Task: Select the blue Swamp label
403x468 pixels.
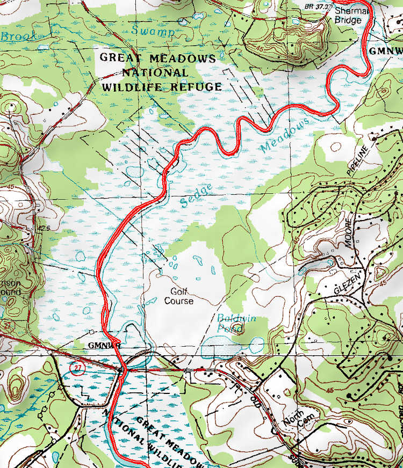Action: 153,32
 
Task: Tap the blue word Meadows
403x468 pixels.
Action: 285,135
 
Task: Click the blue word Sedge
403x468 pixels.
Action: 197,195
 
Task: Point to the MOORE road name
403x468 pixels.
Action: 350,232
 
